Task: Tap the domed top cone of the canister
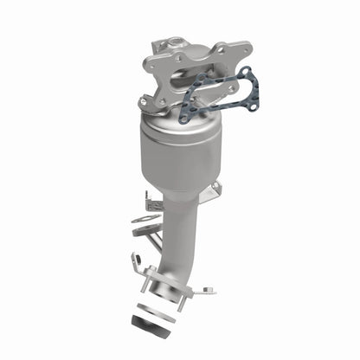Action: tap(170, 121)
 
